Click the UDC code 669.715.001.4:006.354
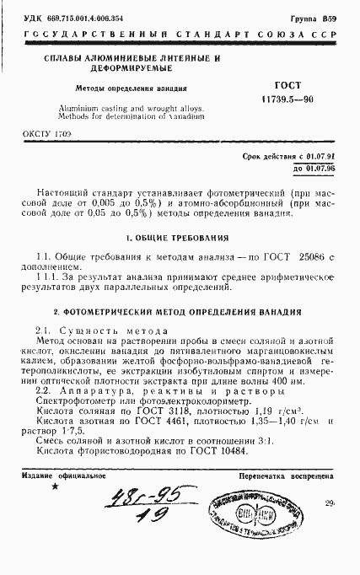coord(87,18)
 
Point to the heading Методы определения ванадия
coord(124,87)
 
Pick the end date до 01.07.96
coord(314,168)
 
